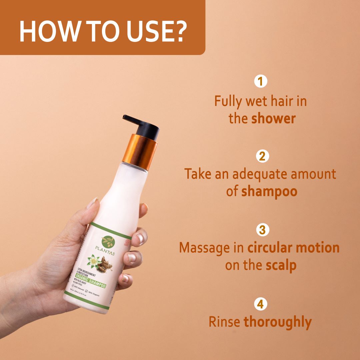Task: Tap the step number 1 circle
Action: point(260,82)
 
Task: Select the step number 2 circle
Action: point(262,156)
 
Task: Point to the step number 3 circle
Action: point(262,230)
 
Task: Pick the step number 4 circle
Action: point(260,304)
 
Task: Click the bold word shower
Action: point(273,119)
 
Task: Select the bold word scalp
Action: point(281,265)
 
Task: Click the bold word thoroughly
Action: point(278,322)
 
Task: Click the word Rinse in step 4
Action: point(224,322)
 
